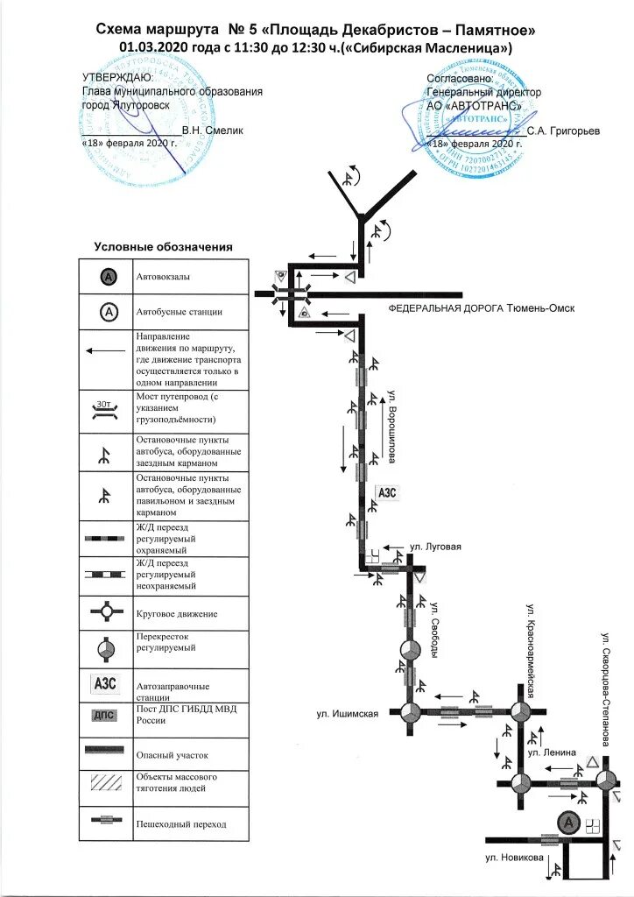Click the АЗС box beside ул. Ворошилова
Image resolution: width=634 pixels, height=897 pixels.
387,492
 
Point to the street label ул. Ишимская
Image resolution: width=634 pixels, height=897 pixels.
348,714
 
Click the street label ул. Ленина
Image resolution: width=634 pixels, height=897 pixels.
552,752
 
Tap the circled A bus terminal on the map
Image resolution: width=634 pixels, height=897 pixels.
568,823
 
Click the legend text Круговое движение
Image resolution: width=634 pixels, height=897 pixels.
176,614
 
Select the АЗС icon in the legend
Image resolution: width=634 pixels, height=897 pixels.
106,682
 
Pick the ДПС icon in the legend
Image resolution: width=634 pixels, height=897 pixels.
106,715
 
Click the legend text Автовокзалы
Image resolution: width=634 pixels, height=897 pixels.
163,277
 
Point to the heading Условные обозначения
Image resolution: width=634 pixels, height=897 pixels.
164,248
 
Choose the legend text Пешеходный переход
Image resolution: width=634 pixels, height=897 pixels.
180,824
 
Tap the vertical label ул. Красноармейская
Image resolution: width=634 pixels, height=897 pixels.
530,645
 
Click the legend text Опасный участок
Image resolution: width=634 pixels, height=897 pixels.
173,753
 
